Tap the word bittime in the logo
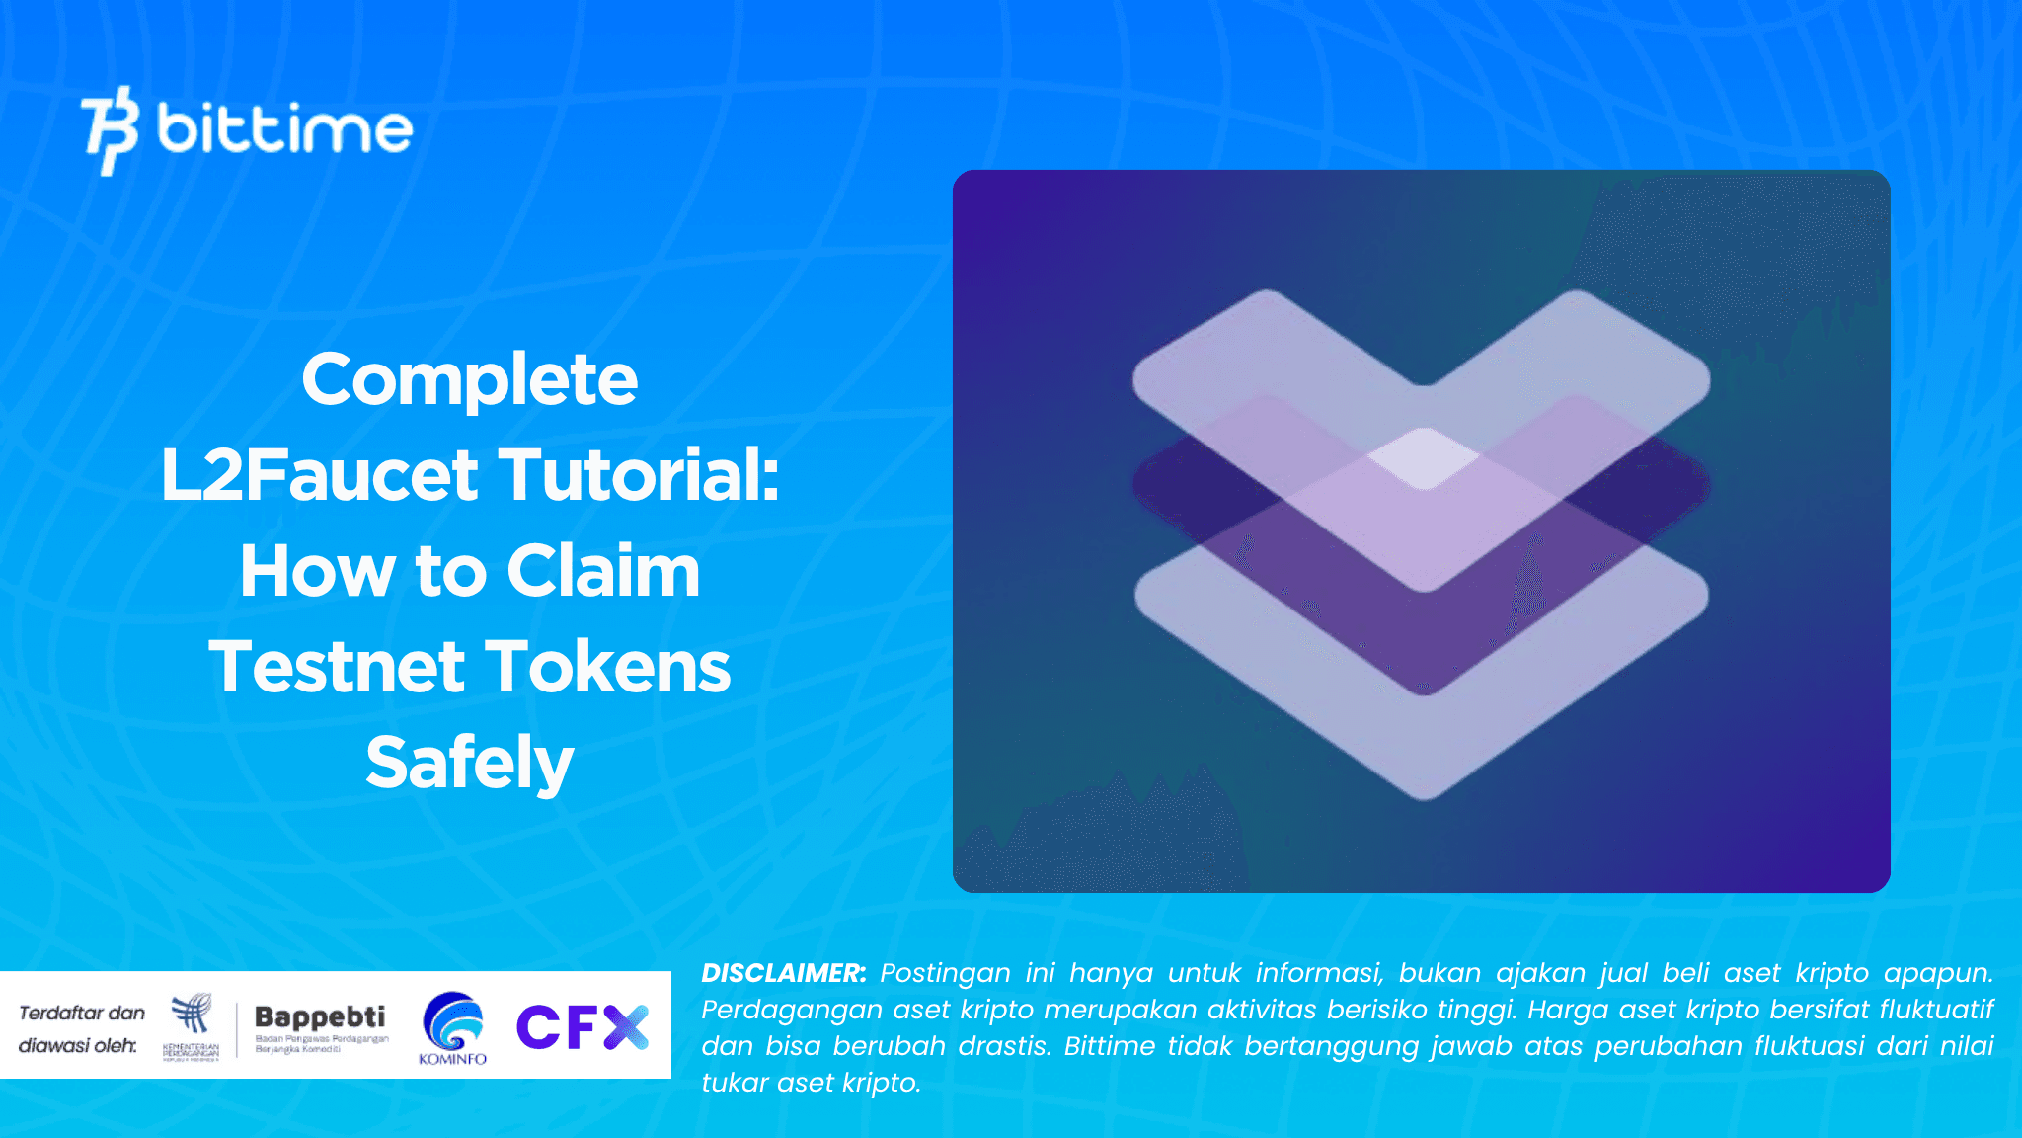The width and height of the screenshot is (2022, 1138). point(284,128)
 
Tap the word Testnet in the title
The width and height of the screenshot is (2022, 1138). point(337,667)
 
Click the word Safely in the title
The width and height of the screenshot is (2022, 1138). point(470,763)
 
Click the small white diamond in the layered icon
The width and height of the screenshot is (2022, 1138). point(1423,458)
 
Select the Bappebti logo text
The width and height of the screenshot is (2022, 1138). point(320,1016)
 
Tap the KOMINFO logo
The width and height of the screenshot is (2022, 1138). point(453,1027)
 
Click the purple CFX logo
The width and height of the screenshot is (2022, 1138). point(582,1026)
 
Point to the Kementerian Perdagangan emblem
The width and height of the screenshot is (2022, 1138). point(192,1025)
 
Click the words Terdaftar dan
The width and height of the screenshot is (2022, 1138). point(82,1013)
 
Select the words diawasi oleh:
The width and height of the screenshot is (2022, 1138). point(78,1045)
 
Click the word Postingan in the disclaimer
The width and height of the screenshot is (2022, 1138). point(945,973)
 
